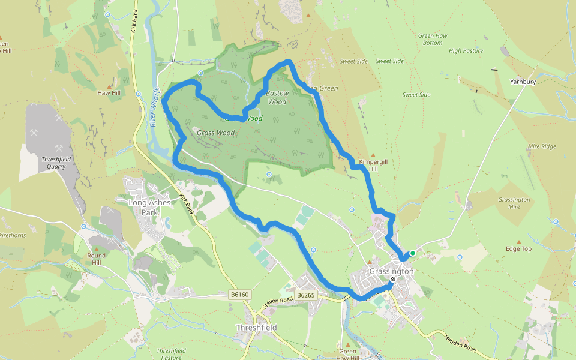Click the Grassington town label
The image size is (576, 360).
(x=391, y=271)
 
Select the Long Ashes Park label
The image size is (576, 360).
(x=149, y=206)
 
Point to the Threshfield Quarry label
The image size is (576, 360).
(x=47, y=163)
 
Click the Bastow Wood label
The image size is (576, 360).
(x=277, y=97)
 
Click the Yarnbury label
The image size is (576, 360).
(x=522, y=82)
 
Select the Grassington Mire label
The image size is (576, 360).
(x=514, y=203)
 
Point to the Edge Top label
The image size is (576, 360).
(x=518, y=248)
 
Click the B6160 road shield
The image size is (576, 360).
(x=239, y=295)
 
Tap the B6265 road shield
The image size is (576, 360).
(x=305, y=295)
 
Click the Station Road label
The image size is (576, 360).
(x=277, y=302)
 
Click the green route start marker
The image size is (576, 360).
(x=412, y=253)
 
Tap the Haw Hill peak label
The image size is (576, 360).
(x=109, y=93)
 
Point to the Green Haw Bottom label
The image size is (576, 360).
(x=433, y=40)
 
